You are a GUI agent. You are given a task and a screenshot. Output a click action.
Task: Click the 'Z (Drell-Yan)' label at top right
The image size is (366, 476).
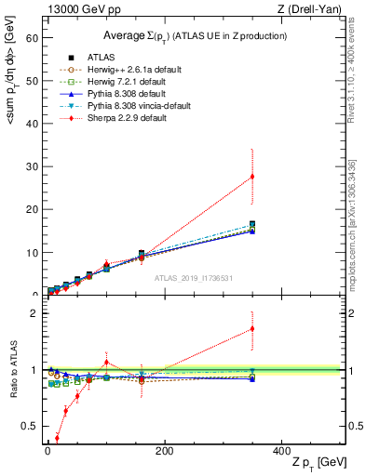pyautogui.click(x=313, y=8)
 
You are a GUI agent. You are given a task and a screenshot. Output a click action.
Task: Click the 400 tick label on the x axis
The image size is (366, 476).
pyautogui.click(x=281, y=450)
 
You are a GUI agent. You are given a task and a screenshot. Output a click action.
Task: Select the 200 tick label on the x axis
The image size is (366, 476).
pyautogui.click(x=164, y=450)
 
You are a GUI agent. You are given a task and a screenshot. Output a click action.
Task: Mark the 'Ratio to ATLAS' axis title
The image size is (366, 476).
pyautogui.click(x=12, y=369)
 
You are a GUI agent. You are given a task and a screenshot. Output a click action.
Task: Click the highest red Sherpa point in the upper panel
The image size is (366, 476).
pyautogui.click(x=252, y=177)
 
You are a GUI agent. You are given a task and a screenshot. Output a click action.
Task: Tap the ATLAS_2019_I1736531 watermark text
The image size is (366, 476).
pyautogui.click(x=194, y=278)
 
